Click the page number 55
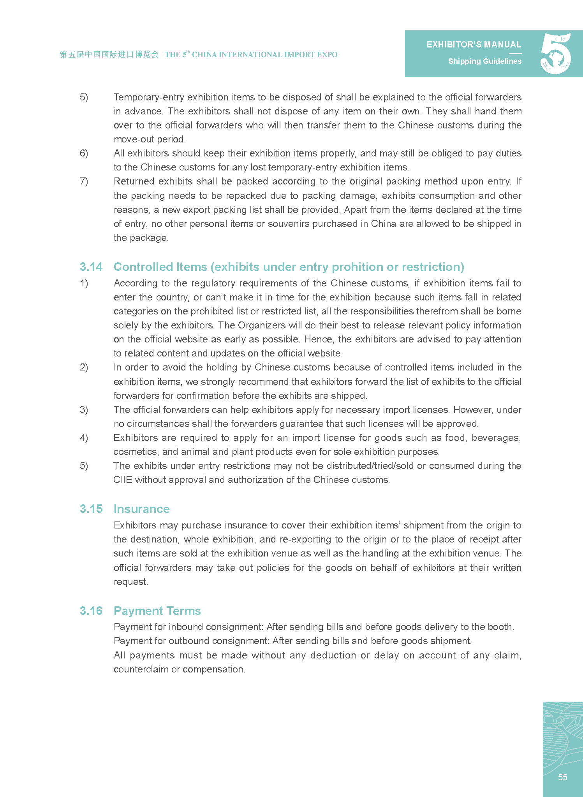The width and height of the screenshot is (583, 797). click(562, 777)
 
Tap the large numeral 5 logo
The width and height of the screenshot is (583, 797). click(555, 53)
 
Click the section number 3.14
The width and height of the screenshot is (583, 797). click(91, 267)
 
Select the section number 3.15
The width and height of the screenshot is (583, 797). click(91, 509)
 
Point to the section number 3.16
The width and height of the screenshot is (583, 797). click(91, 611)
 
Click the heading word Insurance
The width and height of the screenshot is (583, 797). click(141, 509)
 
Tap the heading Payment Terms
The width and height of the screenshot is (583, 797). click(157, 611)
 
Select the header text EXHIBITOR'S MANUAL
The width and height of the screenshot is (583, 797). click(474, 45)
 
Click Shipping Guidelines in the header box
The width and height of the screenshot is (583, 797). click(484, 61)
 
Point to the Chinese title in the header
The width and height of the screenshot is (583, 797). click(109, 54)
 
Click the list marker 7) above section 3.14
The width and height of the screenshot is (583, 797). click(84, 181)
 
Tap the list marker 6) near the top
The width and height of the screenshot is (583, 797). click(84, 153)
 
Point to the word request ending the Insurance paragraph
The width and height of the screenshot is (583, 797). click(130, 582)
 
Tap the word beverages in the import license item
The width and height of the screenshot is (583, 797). click(495, 438)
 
